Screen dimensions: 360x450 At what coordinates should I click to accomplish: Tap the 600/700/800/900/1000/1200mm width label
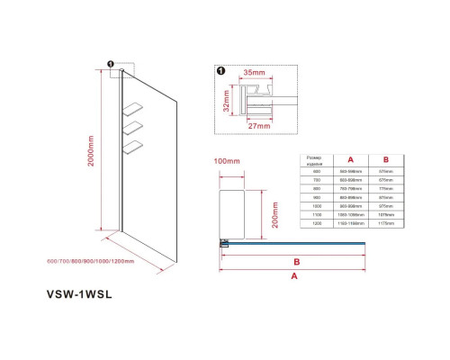(97, 262)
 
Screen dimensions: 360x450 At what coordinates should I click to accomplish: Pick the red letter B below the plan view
(296, 261)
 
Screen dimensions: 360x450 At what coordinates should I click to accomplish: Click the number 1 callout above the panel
(109, 65)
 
